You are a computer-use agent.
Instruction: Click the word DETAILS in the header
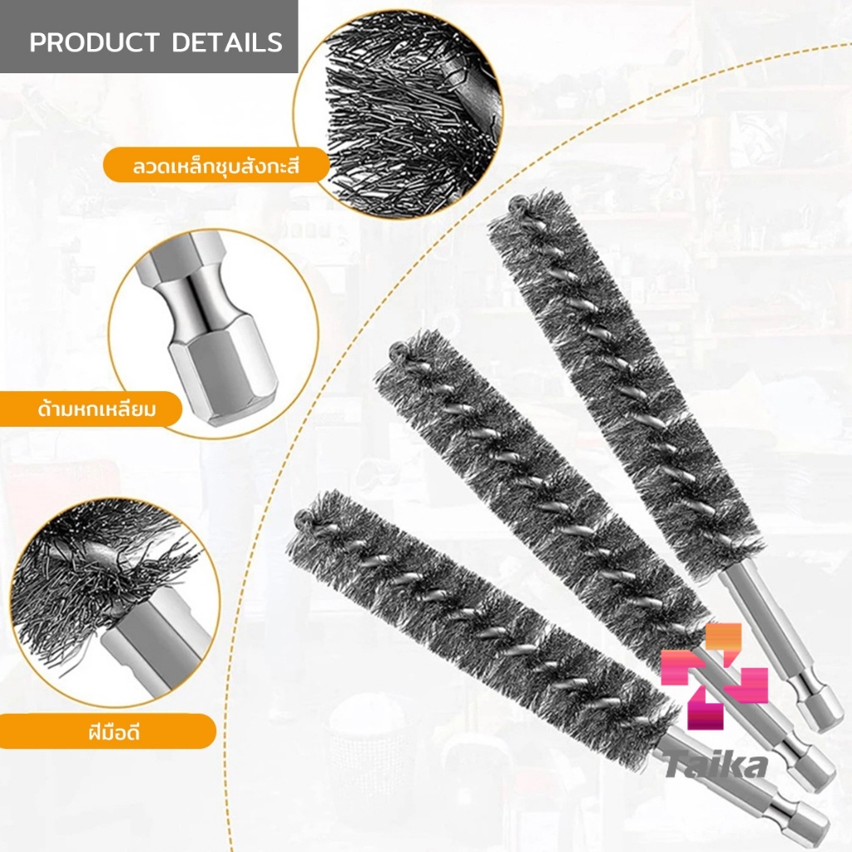(227, 42)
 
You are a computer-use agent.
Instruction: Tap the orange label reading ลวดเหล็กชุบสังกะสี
(216, 166)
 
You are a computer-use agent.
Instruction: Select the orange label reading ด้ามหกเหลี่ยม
(92, 409)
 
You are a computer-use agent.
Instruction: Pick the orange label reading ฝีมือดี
(108, 731)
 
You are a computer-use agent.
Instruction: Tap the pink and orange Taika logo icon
(714, 676)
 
